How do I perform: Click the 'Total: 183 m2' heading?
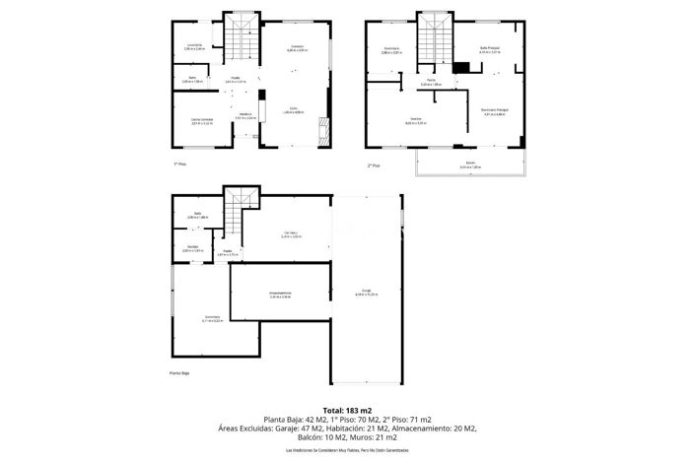(x=347, y=410)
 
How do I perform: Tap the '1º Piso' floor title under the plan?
(x=179, y=164)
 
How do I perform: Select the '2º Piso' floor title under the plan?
(x=373, y=165)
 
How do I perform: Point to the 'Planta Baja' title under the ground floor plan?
(x=179, y=373)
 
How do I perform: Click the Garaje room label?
(x=366, y=292)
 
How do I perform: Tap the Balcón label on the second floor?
(x=470, y=165)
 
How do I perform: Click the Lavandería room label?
(x=194, y=46)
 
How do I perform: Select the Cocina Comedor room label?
(x=202, y=121)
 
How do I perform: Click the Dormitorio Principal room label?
(x=494, y=112)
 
